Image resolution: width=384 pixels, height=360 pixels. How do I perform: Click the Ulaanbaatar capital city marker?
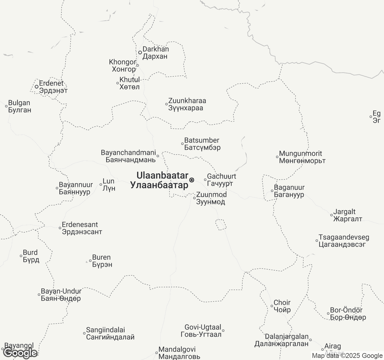coord(192,180)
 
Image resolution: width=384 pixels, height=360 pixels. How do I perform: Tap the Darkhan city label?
coord(155,52)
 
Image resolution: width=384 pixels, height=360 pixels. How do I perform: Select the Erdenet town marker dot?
coord(37,87)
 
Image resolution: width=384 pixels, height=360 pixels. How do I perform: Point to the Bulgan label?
coord(19,106)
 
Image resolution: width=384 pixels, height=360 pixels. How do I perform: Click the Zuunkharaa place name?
coord(187,104)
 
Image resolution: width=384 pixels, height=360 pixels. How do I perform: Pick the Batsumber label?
coord(202,144)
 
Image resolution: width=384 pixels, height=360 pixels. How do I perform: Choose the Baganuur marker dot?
coord(272,191)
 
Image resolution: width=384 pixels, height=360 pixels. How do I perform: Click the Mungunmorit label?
coord(302,157)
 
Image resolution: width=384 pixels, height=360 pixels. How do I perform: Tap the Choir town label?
coord(282,306)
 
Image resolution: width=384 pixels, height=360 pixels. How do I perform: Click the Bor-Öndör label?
coord(348,314)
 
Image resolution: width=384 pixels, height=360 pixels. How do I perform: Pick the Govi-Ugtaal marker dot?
coord(223,331)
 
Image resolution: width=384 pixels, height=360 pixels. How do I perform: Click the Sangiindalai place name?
coord(110,334)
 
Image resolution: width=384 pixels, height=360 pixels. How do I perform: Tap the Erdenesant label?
coord(82,228)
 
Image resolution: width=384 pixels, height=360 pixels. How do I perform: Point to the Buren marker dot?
coord(90,261)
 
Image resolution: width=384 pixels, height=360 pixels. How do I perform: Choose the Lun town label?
coord(109,185)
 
